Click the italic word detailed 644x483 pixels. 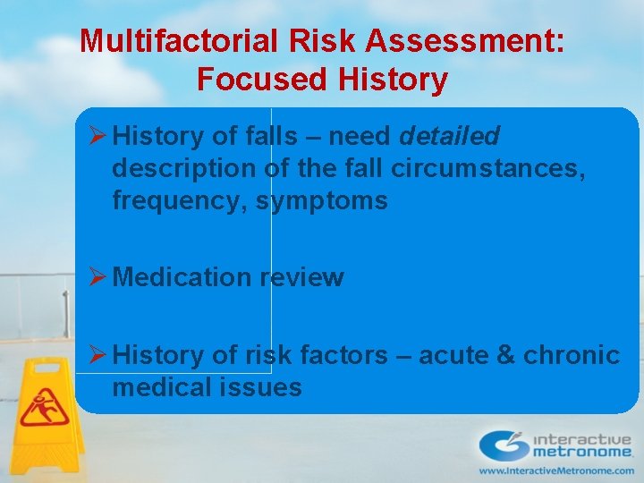(x=449, y=136)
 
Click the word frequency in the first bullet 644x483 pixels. (x=178, y=200)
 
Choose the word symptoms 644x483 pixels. (x=321, y=200)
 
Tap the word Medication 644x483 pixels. (x=182, y=277)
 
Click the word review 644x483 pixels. (x=301, y=277)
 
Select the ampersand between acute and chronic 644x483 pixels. (x=505, y=355)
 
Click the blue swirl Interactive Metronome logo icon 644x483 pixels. (x=504, y=445)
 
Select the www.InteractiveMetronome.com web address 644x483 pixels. (x=555, y=470)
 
